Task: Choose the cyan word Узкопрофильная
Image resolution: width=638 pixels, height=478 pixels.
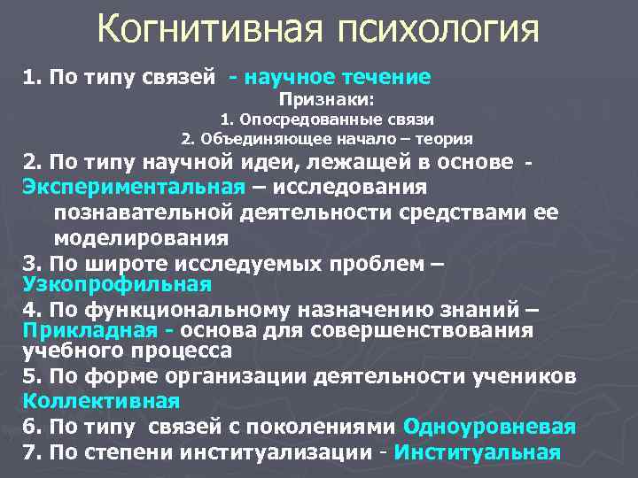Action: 117,284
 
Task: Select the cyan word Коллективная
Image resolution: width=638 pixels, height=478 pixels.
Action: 101,399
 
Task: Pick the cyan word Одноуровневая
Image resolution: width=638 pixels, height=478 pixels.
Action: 489,426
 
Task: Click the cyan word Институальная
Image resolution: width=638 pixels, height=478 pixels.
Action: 478,452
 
